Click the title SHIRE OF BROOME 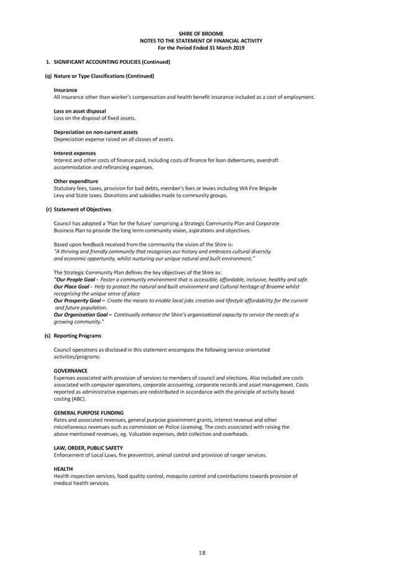pyautogui.click(x=202, y=33)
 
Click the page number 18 pyautogui.click(x=202, y=553)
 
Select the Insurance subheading pyautogui.click(x=65, y=90)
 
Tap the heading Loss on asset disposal pyautogui.click(x=79, y=111)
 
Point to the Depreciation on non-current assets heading pyautogui.click(x=96, y=132)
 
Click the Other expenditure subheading pyautogui.click(x=76, y=181)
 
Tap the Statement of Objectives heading pyautogui.click(x=82, y=209)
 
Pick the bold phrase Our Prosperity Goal pyautogui.click(x=79, y=301)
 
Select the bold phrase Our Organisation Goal pyautogui.click(x=82, y=315)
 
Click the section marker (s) pyautogui.click(x=48, y=336)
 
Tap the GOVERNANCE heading pyautogui.click(x=70, y=371)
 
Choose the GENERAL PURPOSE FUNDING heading pyautogui.click(x=88, y=413)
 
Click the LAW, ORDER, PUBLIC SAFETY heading pyautogui.click(x=88, y=447)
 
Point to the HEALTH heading pyautogui.click(x=63, y=469)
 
